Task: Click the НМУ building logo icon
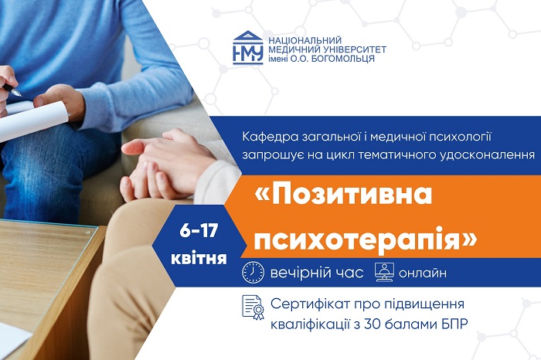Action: point(247,47)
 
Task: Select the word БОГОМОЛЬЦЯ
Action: point(345,59)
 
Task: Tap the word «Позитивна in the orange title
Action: point(344,195)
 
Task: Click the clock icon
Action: point(253,273)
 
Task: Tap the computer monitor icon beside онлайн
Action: point(384,273)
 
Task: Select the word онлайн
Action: point(424,273)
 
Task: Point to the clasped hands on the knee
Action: point(158,166)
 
